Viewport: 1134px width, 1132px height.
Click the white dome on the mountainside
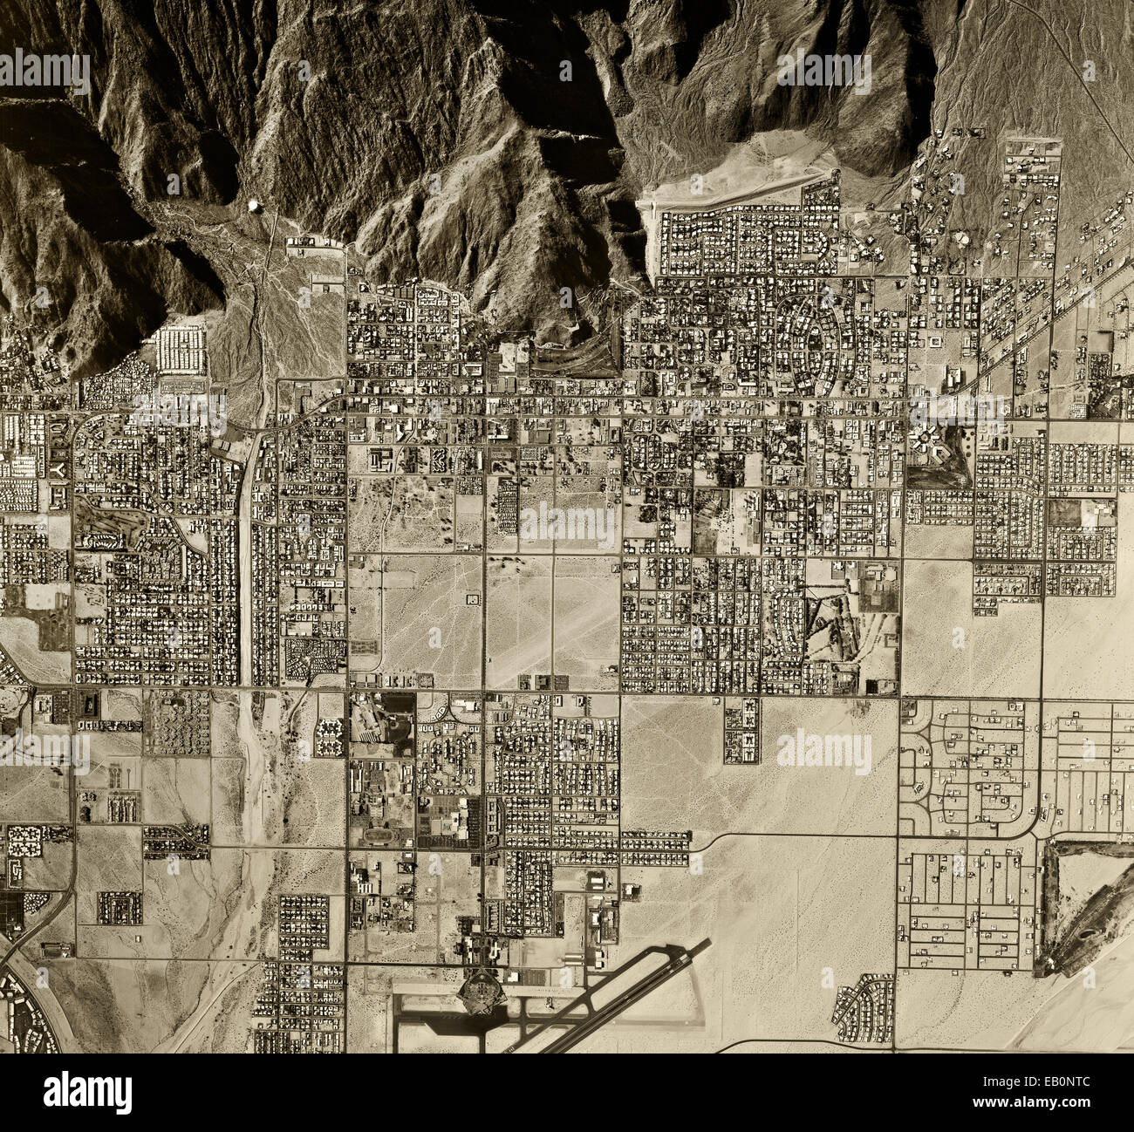(x=254, y=206)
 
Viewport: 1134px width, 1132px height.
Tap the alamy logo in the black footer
(x=88, y=1091)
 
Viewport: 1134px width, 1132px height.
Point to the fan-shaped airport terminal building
(x=477, y=989)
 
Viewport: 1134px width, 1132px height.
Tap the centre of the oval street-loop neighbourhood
(x=817, y=332)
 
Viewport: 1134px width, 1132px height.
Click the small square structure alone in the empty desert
(x=473, y=600)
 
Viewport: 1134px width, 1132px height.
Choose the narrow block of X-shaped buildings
(x=741, y=728)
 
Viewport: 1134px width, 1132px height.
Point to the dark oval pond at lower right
(x=1088, y=935)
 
